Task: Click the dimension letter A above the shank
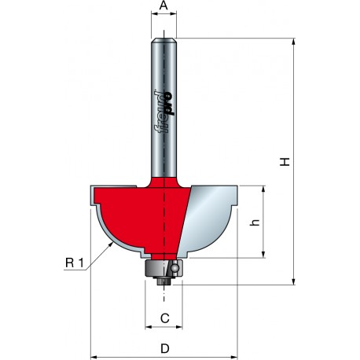coord(163,6)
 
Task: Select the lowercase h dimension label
coord(255,222)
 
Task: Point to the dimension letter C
coord(165,318)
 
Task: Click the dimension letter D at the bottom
coord(165,348)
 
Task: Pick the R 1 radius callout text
coord(75,263)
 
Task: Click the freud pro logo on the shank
coord(164,112)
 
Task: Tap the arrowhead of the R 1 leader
coord(112,244)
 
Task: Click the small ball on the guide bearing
coord(174,267)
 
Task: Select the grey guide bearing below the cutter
coord(163,268)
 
